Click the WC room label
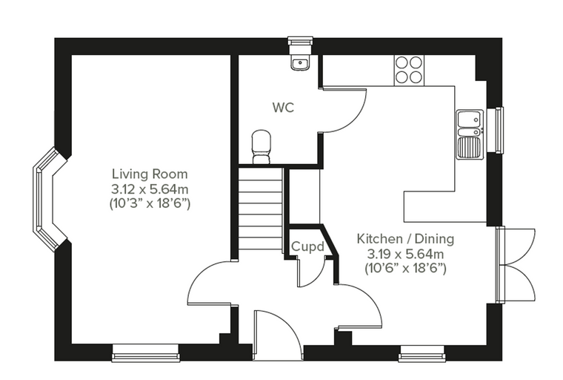tap(283, 107)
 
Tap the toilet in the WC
tap(261, 147)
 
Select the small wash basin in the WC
tap(300, 64)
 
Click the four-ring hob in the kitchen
tap(409, 71)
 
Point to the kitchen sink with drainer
tap(470, 134)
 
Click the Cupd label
tap(307, 247)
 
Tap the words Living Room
tap(150, 174)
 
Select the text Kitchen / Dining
tap(405, 238)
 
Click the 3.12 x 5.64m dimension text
tap(150, 189)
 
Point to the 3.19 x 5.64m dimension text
tap(405, 254)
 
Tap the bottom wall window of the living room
tap(145, 353)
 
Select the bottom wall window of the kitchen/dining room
tap(422, 353)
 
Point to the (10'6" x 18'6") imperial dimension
tap(405, 269)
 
